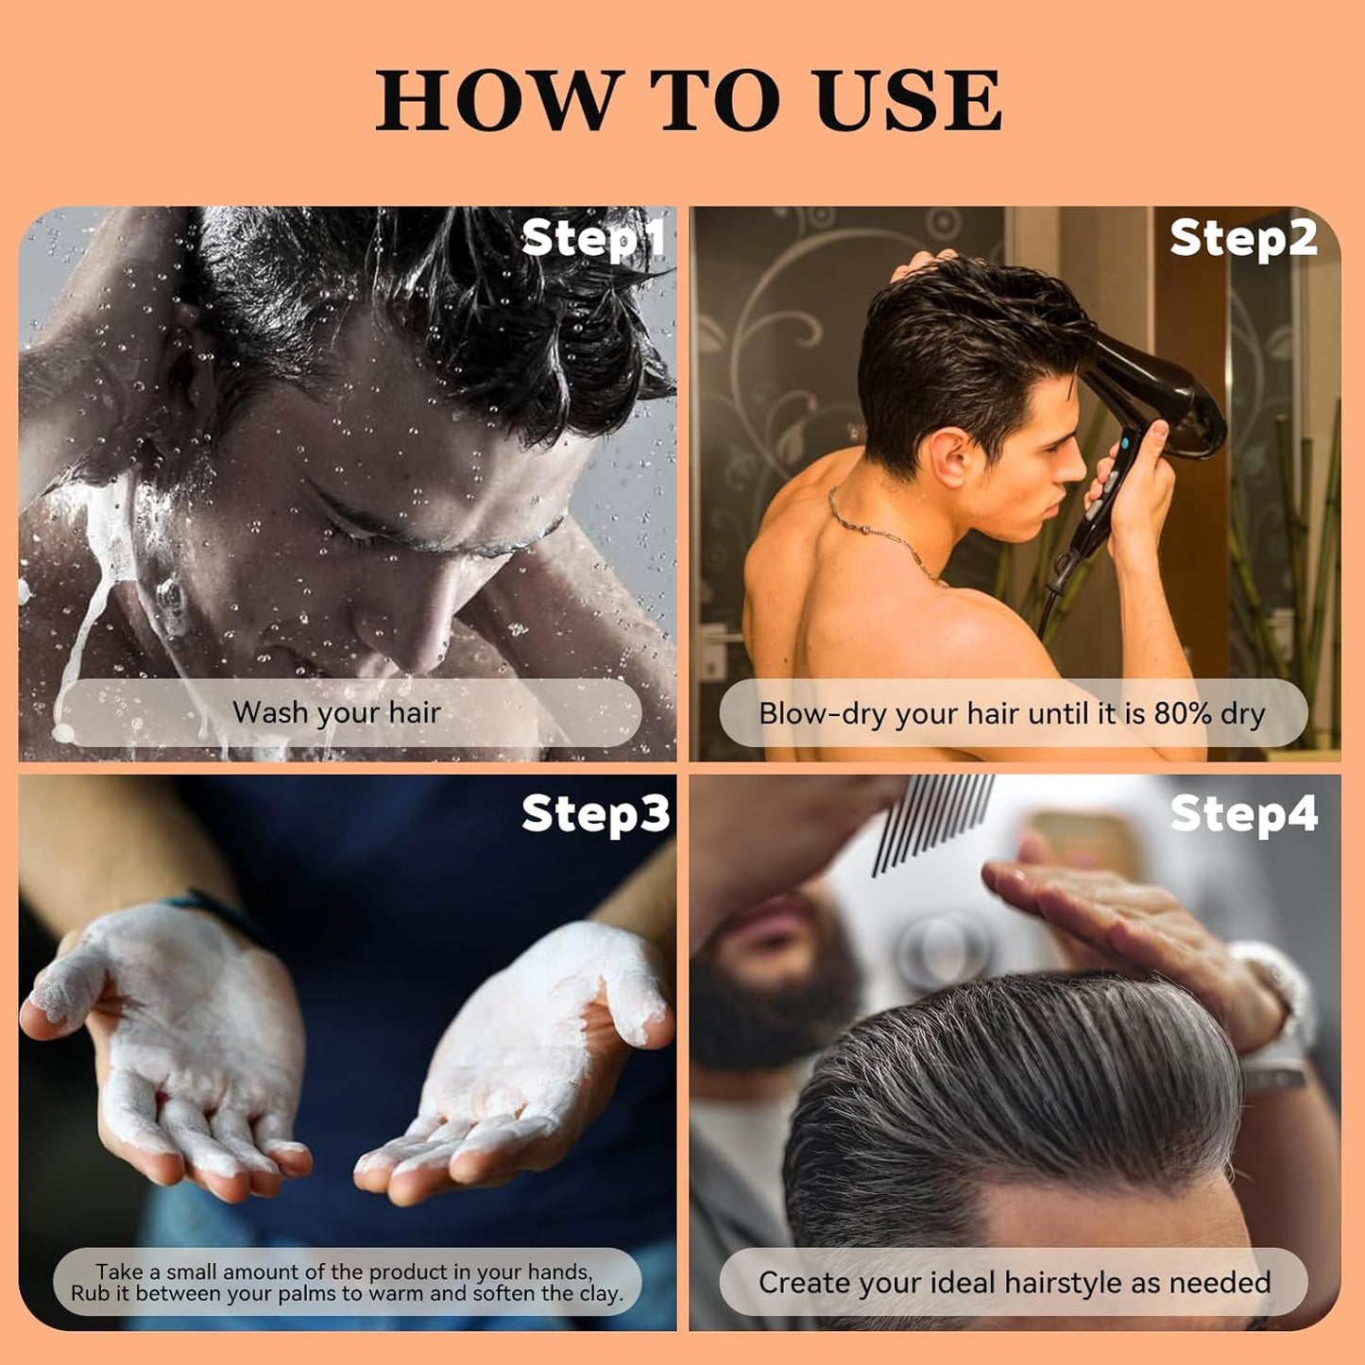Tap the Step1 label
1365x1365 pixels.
pyautogui.click(x=593, y=238)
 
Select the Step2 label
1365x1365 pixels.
pyautogui.click(x=1242, y=237)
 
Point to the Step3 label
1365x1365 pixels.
pyautogui.click(x=595, y=813)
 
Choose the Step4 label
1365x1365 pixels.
pyautogui.click(x=1243, y=813)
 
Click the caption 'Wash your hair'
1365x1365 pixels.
pyautogui.click(x=337, y=712)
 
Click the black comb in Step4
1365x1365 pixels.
pyautogui.click(x=930, y=817)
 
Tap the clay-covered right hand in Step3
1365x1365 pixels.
pyautogui.click(x=529, y=1058)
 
